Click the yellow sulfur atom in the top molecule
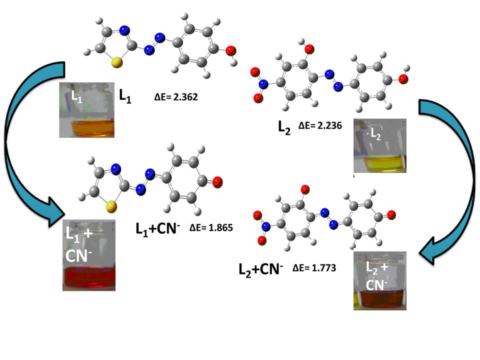coord(116,62)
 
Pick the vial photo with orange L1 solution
coord(87,110)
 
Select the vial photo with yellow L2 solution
coord(379,146)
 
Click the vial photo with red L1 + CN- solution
coord(89,255)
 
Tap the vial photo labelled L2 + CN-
coord(379,280)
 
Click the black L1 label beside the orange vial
coord(125,96)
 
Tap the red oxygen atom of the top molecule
coord(230,50)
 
